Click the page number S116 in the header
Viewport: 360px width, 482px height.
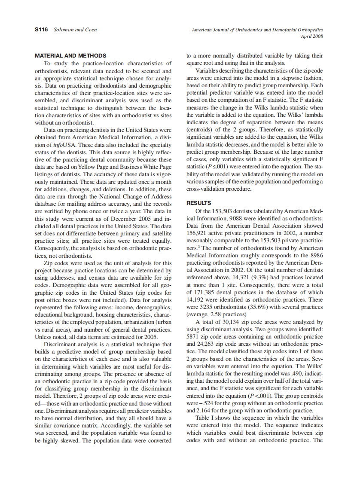41,30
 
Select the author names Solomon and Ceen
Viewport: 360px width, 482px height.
75,30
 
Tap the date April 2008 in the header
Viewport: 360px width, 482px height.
312,37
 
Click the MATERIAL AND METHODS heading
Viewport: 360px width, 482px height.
70,55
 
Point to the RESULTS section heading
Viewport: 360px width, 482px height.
198,203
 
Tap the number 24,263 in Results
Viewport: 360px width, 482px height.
204,344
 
